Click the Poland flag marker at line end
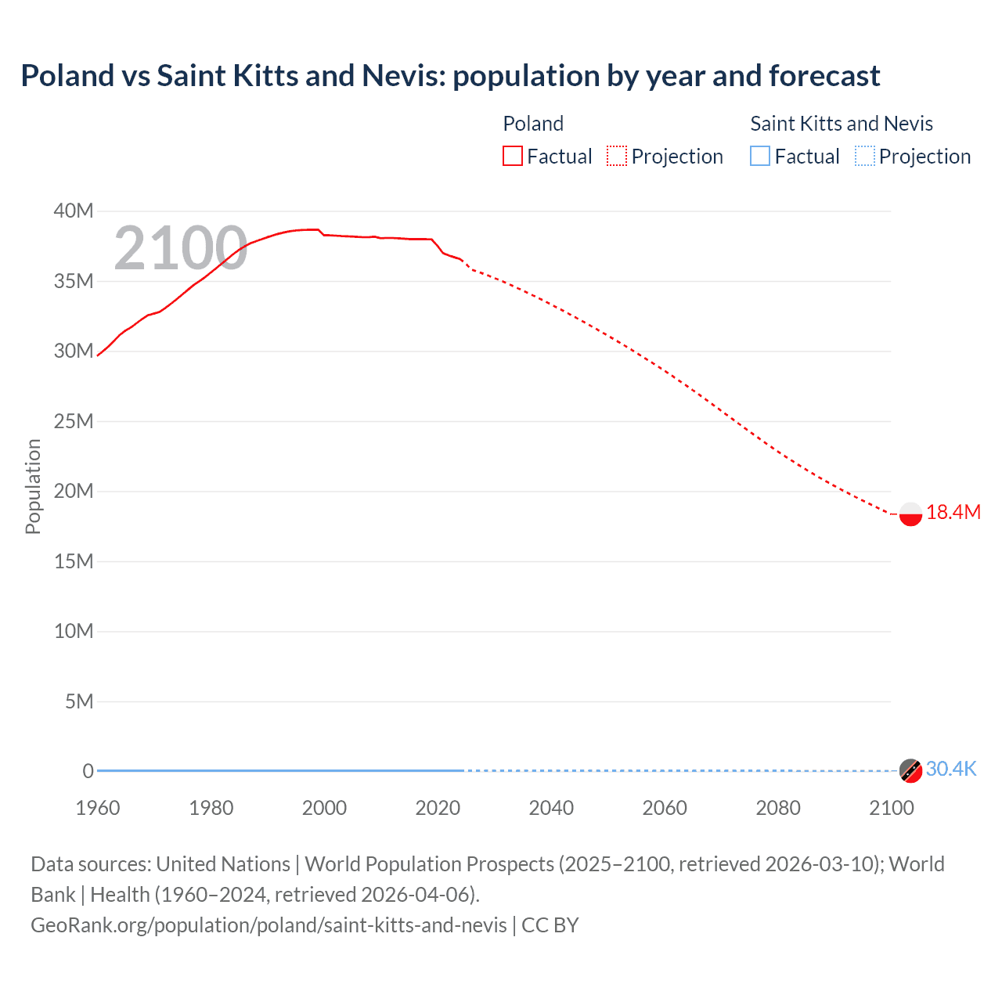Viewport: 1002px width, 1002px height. click(x=910, y=514)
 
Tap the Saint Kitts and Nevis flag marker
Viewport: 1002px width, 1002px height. click(x=910, y=770)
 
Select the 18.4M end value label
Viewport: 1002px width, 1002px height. click(x=953, y=513)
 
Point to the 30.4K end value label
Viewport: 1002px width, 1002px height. click(x=951, y=770)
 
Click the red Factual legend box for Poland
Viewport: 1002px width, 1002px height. click(x=512, y=157)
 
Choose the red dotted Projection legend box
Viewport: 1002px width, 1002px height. click(x=617, y=157)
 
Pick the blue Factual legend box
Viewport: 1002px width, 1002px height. click(x=759, y=157)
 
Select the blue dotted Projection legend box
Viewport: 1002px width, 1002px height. click(x=865, y=157)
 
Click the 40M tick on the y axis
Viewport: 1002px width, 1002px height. click(x=74, y=211)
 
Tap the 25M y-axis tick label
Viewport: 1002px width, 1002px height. click(x=74, y=421)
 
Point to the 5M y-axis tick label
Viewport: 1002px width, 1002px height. click(x=79, y=701)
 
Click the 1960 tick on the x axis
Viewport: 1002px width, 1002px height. click(x=98, y=808)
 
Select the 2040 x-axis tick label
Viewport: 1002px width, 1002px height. click(x=551, y=808)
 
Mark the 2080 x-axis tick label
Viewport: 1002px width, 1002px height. click(x=778, y=808)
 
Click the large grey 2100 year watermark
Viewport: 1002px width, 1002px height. click(x=181, y=249)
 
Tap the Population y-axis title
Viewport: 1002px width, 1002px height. click(x=33, y=486)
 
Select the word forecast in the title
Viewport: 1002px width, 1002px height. click(x=824, y=76)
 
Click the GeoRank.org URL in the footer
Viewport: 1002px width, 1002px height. click(x=269, y=925)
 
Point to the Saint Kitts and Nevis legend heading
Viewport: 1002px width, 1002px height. click(x=842, y=124)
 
